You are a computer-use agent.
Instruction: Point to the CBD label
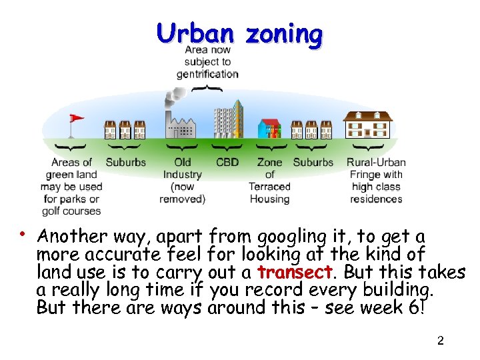pyautogui.click(x=227, y=162)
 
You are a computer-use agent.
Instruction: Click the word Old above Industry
pyautogui.click(x=182, y=162)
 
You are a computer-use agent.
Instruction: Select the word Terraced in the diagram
pyautogui.click(x=269, y=187)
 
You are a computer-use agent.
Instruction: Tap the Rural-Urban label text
pyautogui.click(x=376, y=162)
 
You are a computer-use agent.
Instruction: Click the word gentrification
pyautogui.click(x=207, y=74)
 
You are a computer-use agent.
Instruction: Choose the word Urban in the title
pyautogui.click(x=195, y=33)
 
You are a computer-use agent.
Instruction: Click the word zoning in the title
pyautogui.click(x=283, y=33)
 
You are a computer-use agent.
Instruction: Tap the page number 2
pyautogui.click(x=440, y=341)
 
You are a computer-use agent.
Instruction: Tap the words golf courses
pyautogui.click(x=71, y=211)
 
